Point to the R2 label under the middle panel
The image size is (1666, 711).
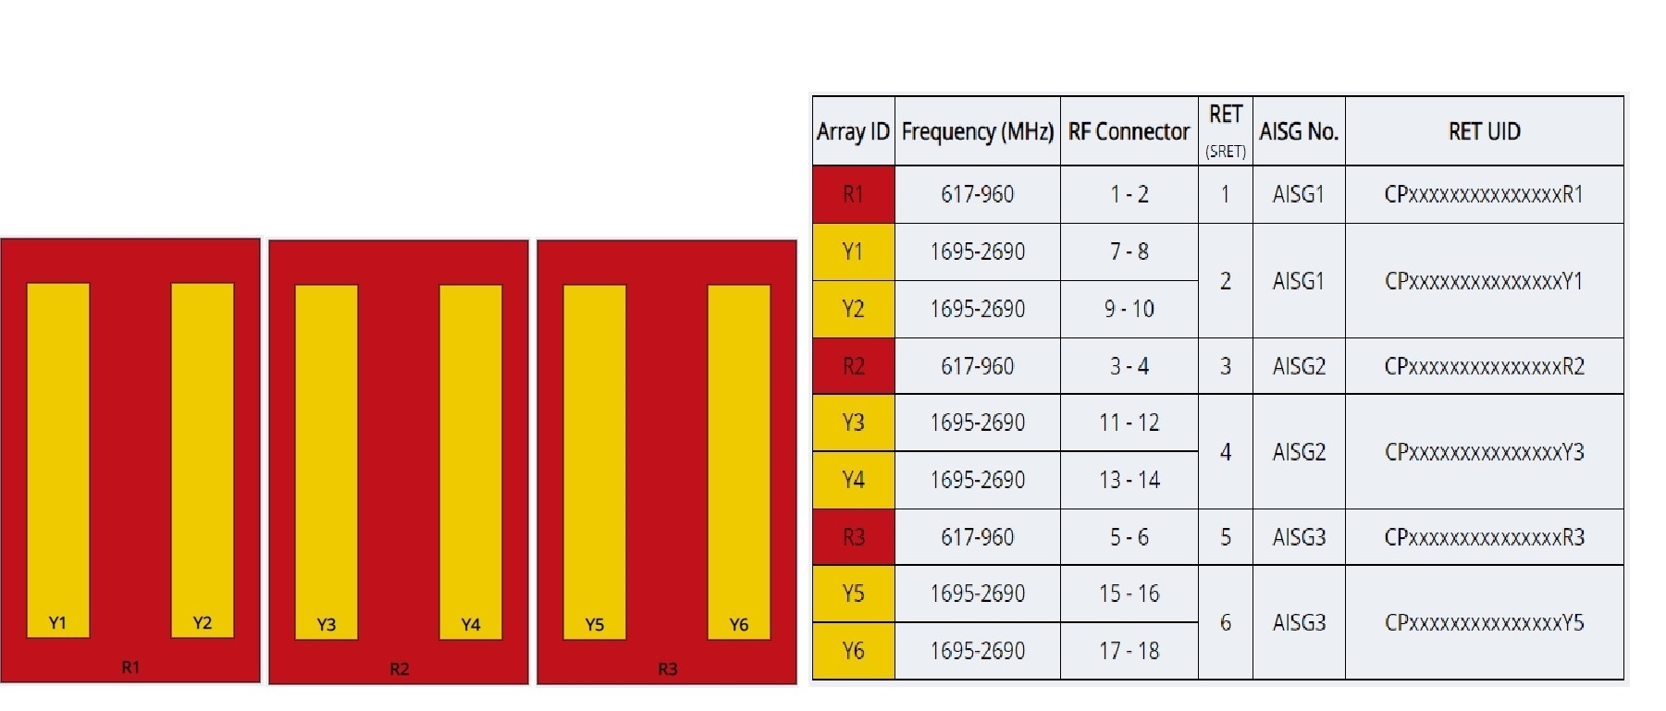pyautogui.click(x=399, y=668)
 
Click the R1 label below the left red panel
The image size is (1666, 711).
pyautogui.click(x=130, y=667)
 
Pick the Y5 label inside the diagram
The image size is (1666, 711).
pyautogui.click(x=595, y=625)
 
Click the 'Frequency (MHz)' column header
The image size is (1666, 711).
pyautogui.click(x=977, y=131)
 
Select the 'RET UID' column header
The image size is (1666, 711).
pyautogui.click(x=1484, y=131)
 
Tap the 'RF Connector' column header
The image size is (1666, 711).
pyautogui.click(x=1129, y=131)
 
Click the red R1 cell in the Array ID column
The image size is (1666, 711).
pyautogui.click(x=853, y=194)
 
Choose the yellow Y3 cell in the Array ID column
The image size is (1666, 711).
pyautogui.click(x=853, y=423)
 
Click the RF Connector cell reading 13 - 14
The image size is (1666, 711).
pyautogui.click(x=1129, y=480)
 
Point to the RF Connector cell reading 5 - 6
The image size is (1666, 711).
pyautogui.click(x=1129, y=537)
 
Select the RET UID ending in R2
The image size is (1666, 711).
pyautogui.click(x=1484, y=366)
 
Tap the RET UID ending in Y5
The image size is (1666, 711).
pyautogui.click(x=1484, y=622)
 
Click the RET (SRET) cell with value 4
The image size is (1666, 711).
pyautogui.click(x=1225, y=451)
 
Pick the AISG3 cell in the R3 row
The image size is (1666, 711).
pyautogui.click(x=1299, y=537)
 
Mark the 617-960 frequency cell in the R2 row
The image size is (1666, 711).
pyautogui.click(x=977, y=366)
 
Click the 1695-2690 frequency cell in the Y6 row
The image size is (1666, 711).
pyautogui.click(x=977, y=651)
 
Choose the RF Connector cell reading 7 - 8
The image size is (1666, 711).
pyautogui.click(x=1129, y=251)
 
